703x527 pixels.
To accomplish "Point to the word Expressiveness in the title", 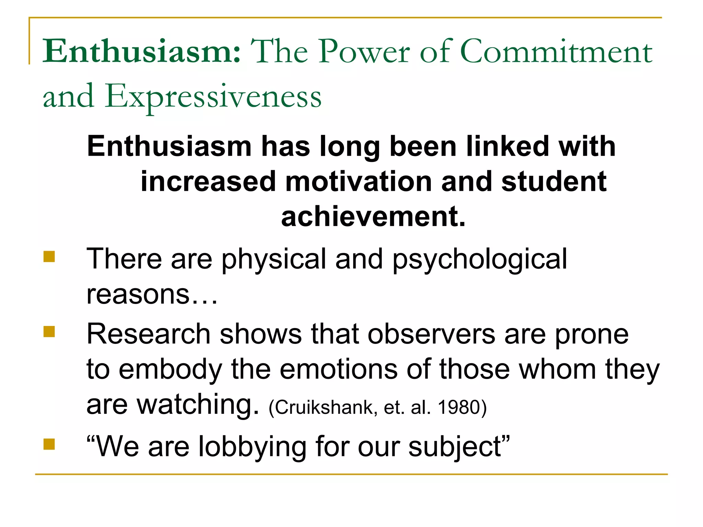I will point(213,97).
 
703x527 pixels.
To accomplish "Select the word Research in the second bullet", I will point(148,334).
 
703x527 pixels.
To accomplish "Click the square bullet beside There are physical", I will point(49,257).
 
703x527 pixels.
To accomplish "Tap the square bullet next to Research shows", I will point(49,332).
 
